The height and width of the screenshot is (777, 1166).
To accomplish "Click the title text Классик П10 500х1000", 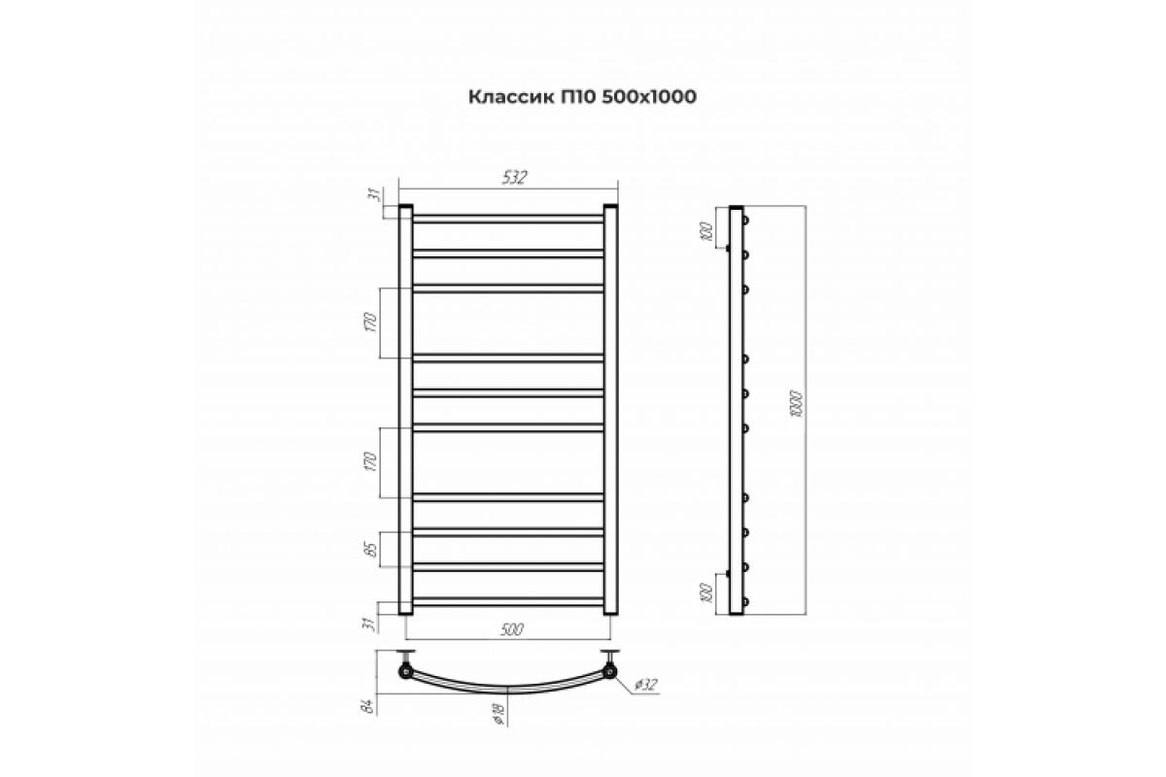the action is tap(582, 97).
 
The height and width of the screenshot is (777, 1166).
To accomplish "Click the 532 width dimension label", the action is tap(515, 178).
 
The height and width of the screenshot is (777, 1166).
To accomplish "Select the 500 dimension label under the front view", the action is tap(511, 629).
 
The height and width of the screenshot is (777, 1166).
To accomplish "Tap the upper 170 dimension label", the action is tap(370, 323).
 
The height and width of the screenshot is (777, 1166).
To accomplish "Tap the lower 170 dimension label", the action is tap(370, 462).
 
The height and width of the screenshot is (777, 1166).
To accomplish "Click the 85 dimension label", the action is tap(371, 550).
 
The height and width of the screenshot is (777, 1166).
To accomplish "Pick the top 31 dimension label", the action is tap(375, 195).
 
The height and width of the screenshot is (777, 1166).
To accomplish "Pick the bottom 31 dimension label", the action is tap(371, 625).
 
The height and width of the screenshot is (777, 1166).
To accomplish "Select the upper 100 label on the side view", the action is tap(705, 231).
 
